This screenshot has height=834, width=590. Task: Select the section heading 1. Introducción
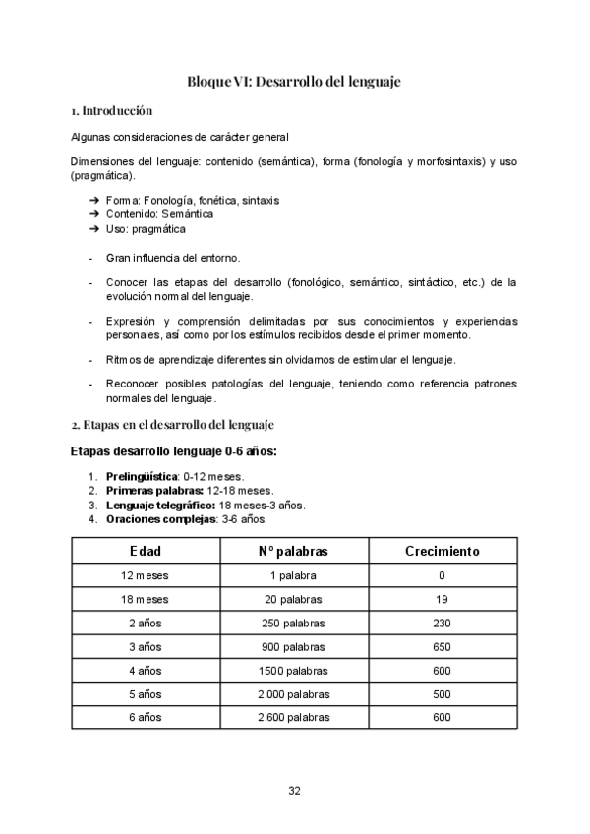coord(111,110)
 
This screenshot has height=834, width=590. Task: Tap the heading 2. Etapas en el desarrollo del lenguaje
coord(172,424)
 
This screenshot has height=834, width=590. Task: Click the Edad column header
coord(145,552)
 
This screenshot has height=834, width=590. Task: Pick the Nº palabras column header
coord(292,552)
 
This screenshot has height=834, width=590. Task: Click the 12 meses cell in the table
coord(145,575)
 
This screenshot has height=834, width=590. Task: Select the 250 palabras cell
coord(292,623)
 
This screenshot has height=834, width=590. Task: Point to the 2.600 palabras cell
coord(292,717)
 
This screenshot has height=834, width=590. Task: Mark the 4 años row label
coord(145,670)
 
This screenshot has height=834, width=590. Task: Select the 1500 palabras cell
coord(292,670)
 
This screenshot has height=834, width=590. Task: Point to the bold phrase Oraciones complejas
coord(158,519)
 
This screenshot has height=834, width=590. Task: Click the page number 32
coord(294,790)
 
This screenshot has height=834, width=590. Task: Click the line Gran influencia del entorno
coord(172,258)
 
